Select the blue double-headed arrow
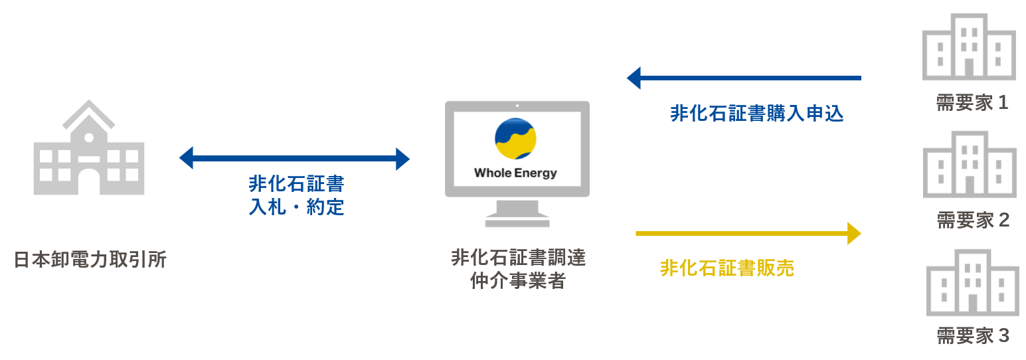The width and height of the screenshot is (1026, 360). [x=294, y=159]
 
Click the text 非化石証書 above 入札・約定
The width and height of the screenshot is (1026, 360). [x=296, y=184]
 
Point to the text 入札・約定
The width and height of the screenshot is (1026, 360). [x=296, y=207]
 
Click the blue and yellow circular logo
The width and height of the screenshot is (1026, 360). [x=515, y=138]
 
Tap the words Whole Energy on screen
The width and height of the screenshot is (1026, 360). [x=515, y=173]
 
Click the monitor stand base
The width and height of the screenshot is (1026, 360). [x=517, y=221]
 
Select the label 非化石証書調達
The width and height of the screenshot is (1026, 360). [x=518, y=258]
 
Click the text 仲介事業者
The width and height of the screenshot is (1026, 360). [x=518, y=281]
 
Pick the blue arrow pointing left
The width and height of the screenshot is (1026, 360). [x=744, y=78]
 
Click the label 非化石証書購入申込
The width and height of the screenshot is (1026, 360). [x=757, y=114]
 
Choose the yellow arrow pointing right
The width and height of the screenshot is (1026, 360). [x=748, y=234]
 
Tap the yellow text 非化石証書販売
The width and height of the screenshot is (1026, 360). [x=727, y=268]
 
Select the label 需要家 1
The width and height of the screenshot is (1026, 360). [x=972, y=103]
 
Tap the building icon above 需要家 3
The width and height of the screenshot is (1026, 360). [x=972, y=282]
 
